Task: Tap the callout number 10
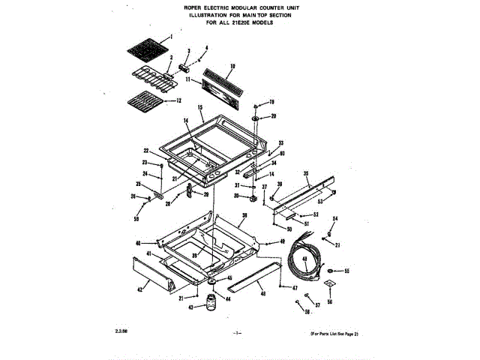[x=233, y=65]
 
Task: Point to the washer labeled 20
[x=256, y=117]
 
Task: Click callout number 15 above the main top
[x=200, y=109]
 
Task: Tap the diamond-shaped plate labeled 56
[x=328, y=284]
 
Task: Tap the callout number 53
[x=321, y=202]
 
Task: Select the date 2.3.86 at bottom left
[x=121, y=331]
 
